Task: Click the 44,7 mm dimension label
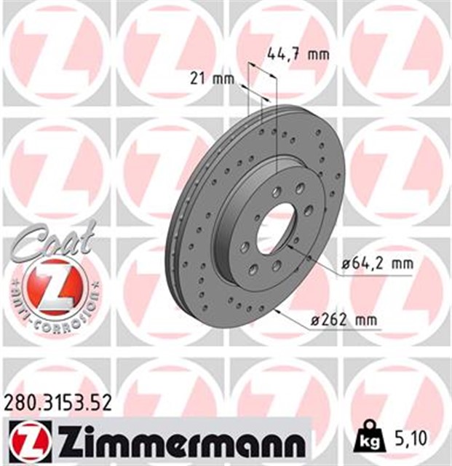[298, 53]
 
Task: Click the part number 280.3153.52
[58, 402]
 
